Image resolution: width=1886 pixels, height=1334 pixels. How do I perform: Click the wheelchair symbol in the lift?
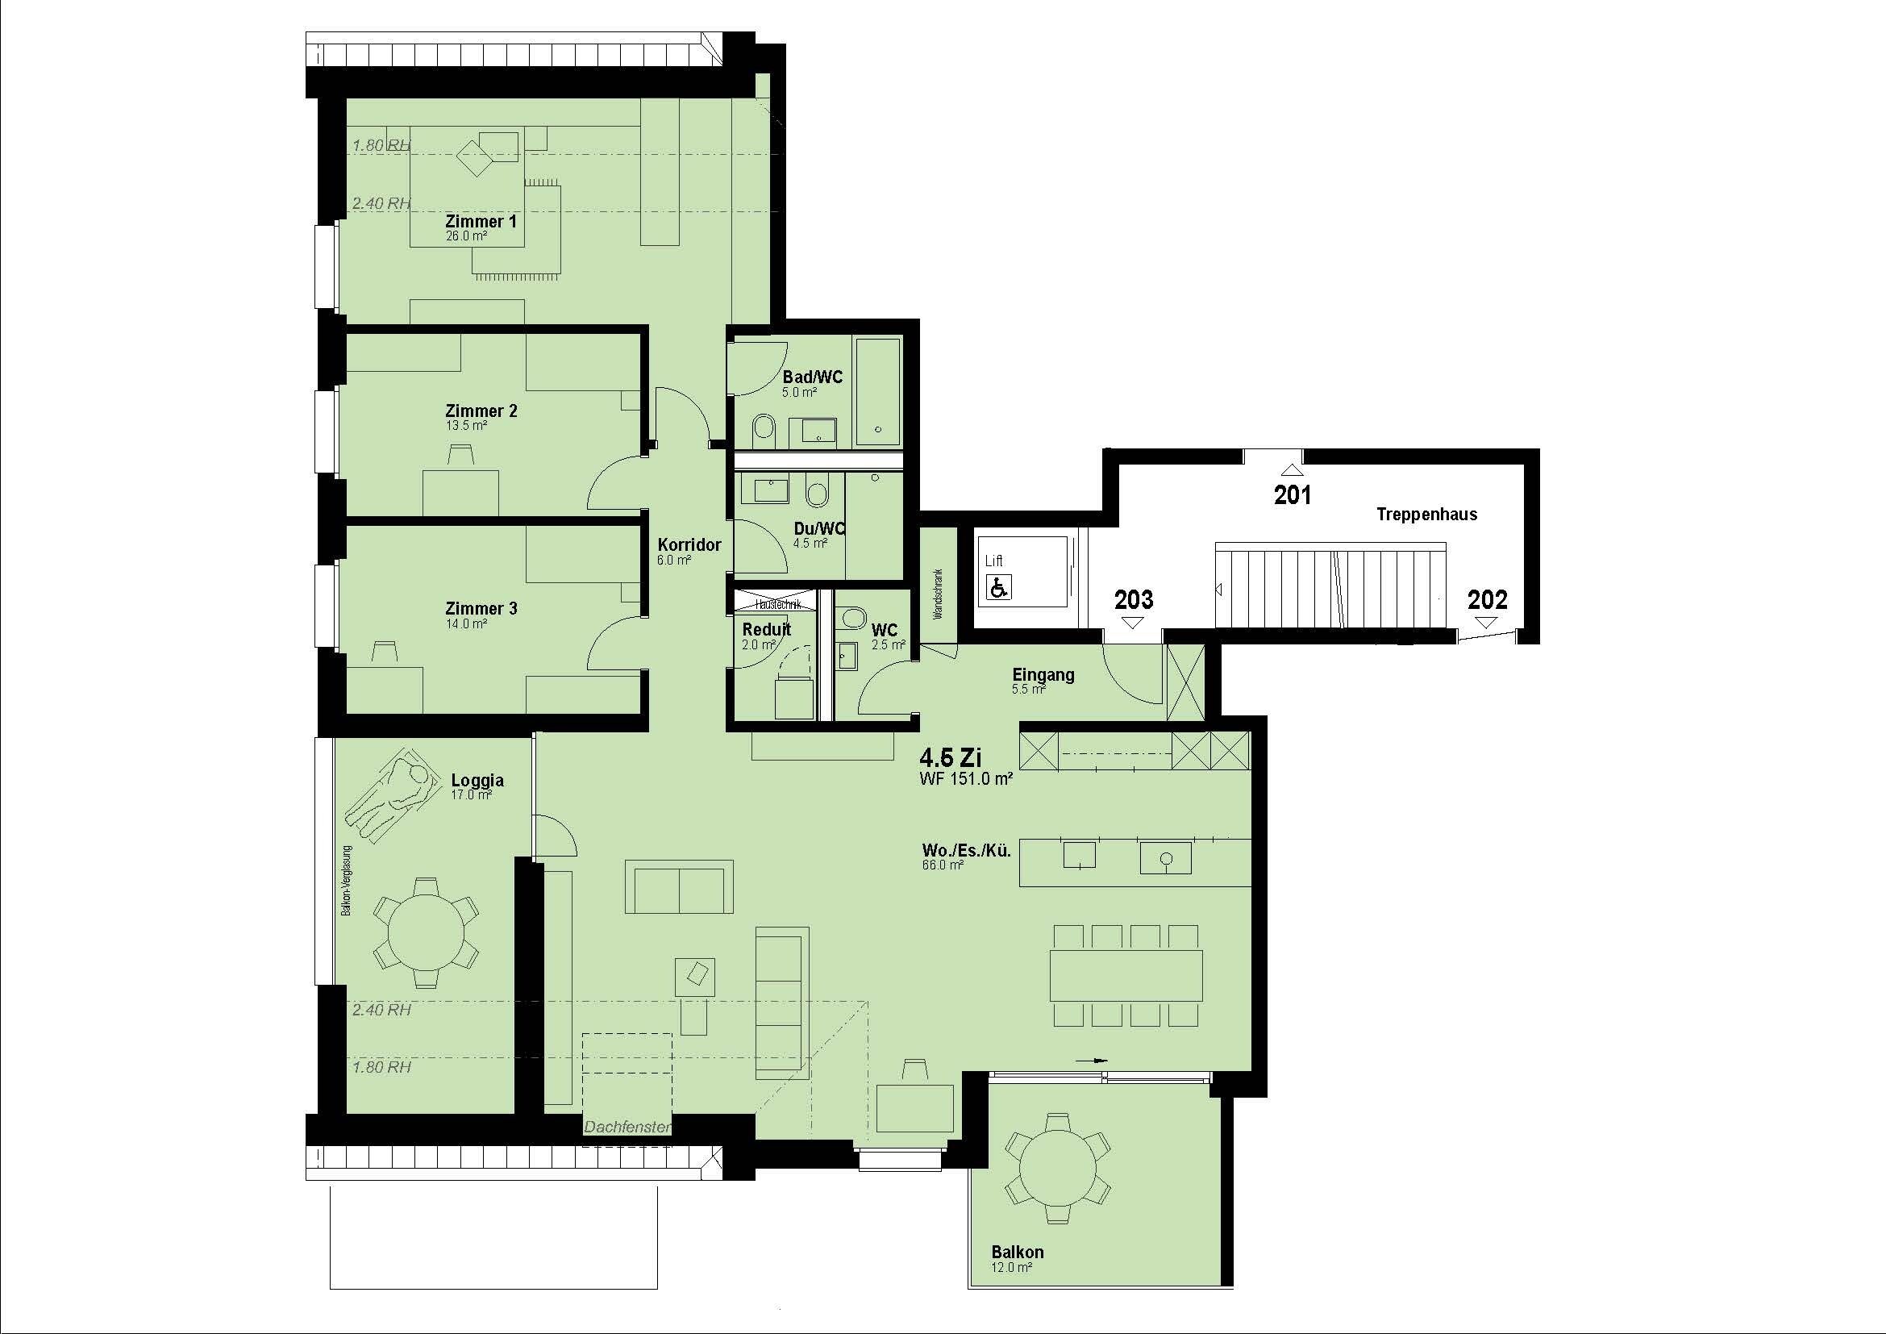[x=999, y=587]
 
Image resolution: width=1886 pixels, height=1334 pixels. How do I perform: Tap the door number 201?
[x=1292, y=494]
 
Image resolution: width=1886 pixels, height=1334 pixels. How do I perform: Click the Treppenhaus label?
[x=1427, y=515]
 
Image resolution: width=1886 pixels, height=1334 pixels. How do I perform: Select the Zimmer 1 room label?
[x=481, y=222]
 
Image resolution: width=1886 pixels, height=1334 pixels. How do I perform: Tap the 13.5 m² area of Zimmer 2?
[x=466, y=426]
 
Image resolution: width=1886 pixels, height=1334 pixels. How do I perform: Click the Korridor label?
[x=689, y=544]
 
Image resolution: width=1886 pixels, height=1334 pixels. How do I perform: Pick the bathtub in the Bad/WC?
[x=878, y=392]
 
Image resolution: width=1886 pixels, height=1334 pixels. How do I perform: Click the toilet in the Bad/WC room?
[x=762, y=430]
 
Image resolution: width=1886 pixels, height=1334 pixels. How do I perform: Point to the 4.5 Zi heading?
[x=951, y=757]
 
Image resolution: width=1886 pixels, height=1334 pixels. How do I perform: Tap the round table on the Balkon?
[x=1058, y=1168]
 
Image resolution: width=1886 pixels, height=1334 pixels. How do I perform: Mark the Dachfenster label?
[x=627, y=1128]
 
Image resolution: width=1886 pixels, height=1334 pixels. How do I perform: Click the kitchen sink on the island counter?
[x=1166, y=858]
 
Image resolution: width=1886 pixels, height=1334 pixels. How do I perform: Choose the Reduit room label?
[x=766, y=629]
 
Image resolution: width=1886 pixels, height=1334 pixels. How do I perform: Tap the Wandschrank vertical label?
[x=938, y=594]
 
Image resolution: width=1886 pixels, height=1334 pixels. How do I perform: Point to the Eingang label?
[x=1043, y=675]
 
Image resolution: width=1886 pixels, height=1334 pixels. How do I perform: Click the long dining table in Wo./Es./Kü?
[x=1126, y=976]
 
